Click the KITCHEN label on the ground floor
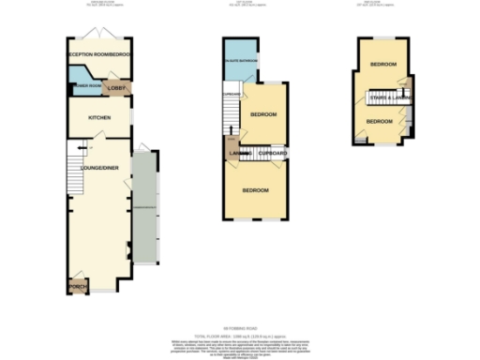100,118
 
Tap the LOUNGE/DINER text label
97,168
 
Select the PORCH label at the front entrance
76,285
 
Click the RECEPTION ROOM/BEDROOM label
99,55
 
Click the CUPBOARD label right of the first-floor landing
272,152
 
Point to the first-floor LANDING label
237,152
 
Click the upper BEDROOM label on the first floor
263,114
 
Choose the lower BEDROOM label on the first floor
256,190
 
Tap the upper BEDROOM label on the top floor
382,64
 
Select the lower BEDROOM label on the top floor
379,122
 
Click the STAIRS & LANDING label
387,97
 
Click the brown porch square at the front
76,286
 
